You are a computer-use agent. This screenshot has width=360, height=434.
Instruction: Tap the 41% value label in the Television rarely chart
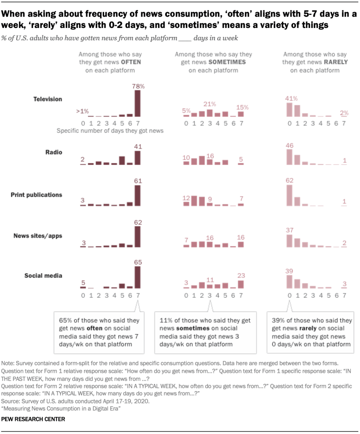pos(291,99)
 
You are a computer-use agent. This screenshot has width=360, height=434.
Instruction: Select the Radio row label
pos(53,152)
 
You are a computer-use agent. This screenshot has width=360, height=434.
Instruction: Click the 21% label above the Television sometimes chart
pos(210,104)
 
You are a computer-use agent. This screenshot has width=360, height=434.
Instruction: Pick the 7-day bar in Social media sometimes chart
pos(241,284)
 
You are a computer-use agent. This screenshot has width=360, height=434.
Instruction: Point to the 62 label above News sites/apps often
pos(138,222)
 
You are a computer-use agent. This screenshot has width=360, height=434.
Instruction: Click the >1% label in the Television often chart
pos(82,111)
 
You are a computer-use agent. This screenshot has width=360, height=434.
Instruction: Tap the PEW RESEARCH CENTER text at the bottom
pos(34,419)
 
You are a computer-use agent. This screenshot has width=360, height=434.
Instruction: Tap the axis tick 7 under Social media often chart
pos(138,295)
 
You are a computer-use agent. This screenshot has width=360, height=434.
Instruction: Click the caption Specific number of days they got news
pos(110,131)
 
